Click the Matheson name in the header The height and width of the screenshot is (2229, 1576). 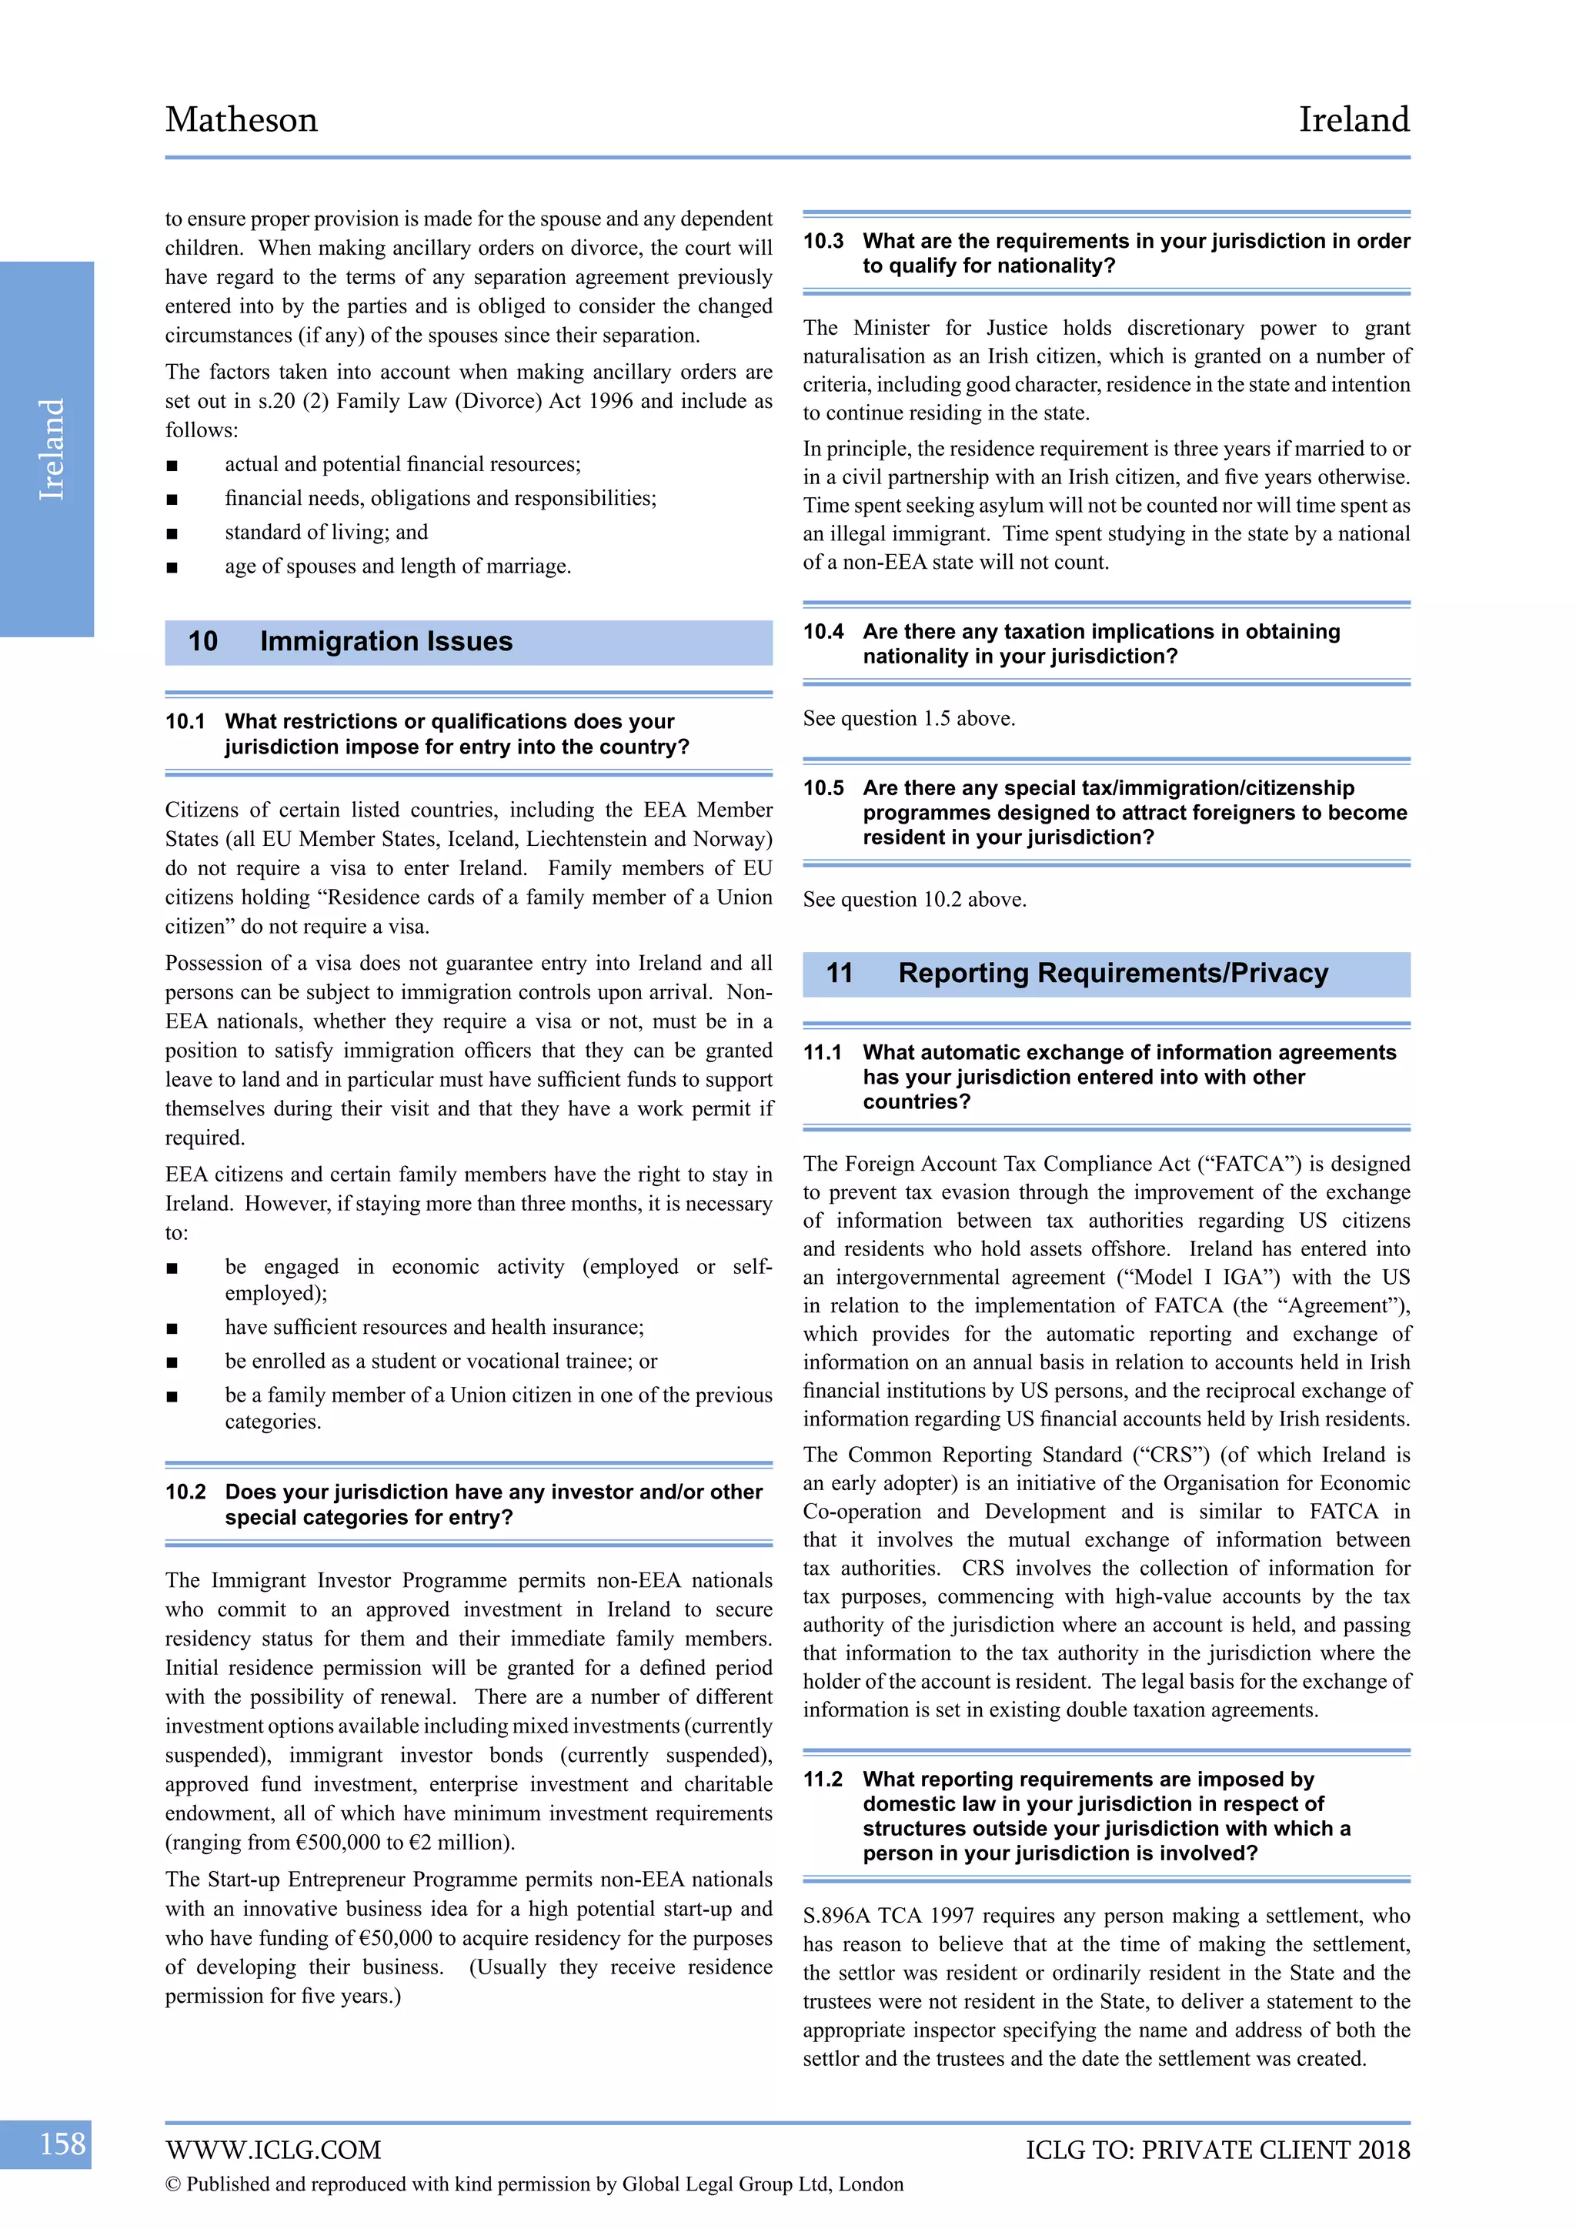coord(241,119)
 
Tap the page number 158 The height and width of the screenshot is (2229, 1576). coord(62,2143)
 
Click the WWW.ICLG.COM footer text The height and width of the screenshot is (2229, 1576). coord(272,2150)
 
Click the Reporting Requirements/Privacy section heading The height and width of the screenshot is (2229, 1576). coord(1112,973)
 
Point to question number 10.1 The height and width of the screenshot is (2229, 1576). coord(185,721)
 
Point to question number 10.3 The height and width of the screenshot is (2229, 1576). coord(823,241)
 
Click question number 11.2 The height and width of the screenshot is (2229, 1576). coord(823,1779)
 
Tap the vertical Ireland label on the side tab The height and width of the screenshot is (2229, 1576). coord(51,449)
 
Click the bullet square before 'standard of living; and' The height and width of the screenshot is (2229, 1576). coord(172,533)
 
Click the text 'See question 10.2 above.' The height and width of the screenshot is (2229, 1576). coord(913,899)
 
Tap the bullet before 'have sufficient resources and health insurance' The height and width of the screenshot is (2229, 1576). coord(172,1328)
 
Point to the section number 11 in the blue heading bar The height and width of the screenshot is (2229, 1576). coord(839,973)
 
